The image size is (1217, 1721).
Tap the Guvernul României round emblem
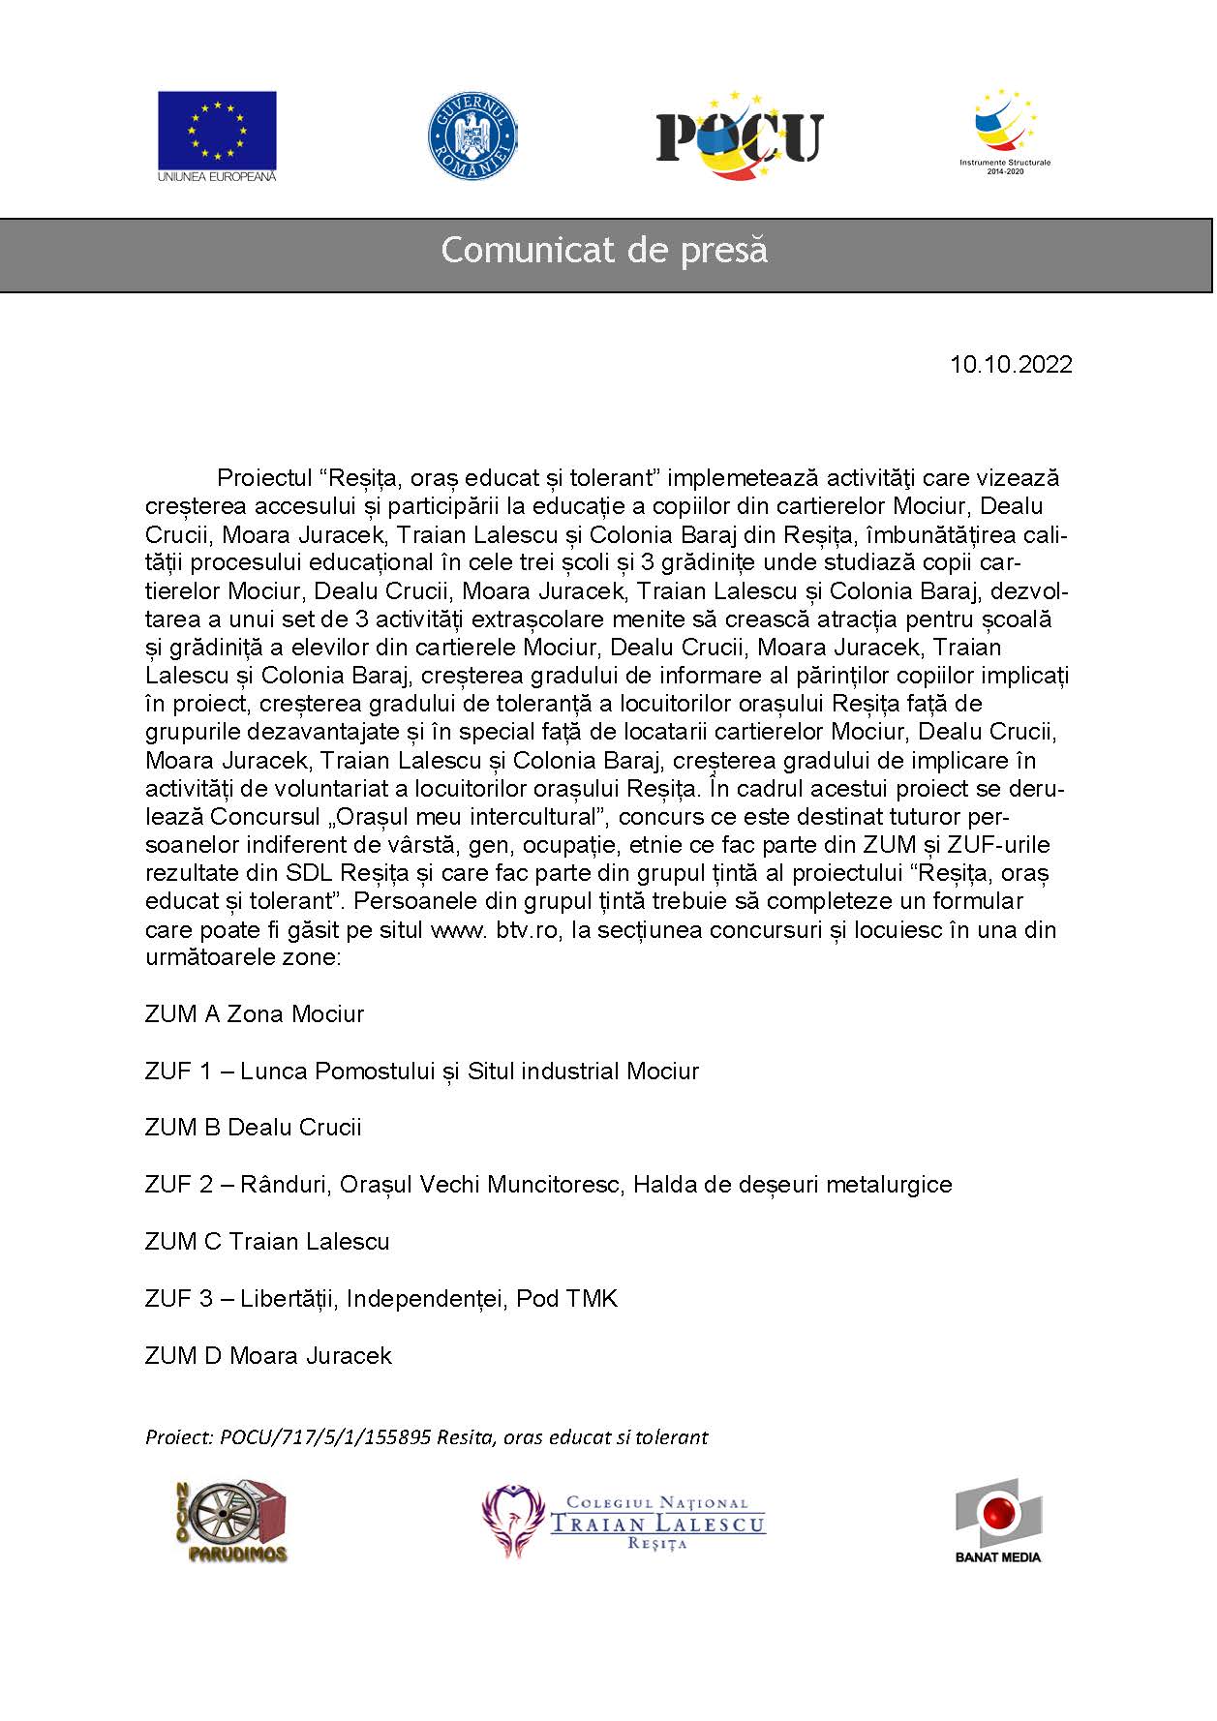tap(472, 136)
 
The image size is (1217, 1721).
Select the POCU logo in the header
tap(739, 136)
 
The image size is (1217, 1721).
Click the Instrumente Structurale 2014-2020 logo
tap(1005, 131)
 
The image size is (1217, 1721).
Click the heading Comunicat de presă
tap(604, 250)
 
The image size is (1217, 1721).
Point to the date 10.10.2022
tap(1011, 365)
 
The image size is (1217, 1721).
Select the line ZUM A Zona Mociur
tap(255, 1014)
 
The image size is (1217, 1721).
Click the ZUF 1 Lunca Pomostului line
tap(421, 1072)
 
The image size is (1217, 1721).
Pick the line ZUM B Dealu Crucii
tap(253, 1128)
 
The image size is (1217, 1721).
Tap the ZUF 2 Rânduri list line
tap(548, 1185)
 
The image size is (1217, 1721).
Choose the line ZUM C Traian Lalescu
tap(267, 1242)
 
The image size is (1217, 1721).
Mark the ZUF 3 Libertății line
tap(380, 1299)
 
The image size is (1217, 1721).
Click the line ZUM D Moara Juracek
tap(268, 1356)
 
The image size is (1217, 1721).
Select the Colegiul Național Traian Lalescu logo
tap(624, 1523)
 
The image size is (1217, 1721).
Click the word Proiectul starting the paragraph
tap(262, 478)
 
